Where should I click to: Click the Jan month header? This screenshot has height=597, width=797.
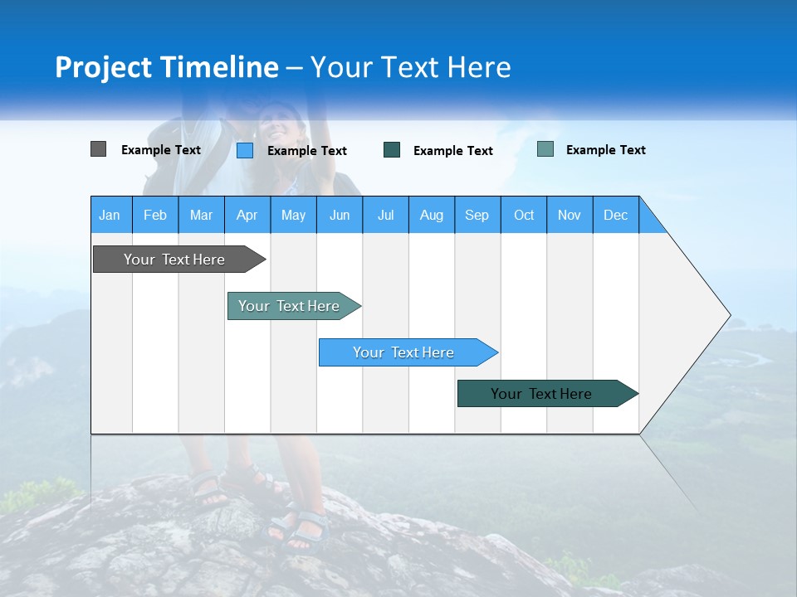click(110, 215)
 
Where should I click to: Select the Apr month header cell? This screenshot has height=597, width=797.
click(247, 215)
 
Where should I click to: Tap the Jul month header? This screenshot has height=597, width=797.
click(386, 215)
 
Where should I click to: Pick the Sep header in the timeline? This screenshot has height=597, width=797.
click(477, 215)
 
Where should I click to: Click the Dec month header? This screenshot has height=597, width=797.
click(616, 215)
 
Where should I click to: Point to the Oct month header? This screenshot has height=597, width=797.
click(524, 215)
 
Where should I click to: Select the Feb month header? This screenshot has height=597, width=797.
click(155, 215)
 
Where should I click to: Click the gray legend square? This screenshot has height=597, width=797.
click(98, 149)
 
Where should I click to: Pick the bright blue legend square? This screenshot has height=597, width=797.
click(245, 150)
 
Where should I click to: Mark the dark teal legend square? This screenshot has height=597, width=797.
click(392, 150)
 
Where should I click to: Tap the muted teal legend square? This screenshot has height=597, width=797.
click(545, 149)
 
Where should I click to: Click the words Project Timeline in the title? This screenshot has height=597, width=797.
click(167, 67)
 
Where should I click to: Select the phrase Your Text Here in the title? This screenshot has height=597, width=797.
click(411, 67)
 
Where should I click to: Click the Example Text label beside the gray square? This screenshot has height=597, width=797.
click(161, 150)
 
